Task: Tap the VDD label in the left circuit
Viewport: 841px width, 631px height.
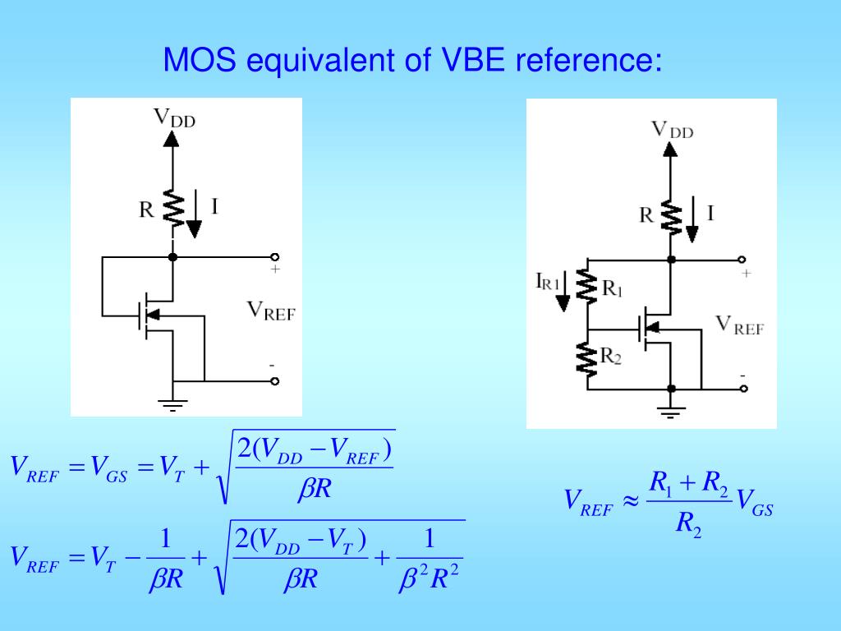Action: click(175, 117)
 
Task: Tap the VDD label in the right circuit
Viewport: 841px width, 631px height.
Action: click(672, 128)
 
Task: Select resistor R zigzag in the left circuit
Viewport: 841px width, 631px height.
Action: click(172, 209)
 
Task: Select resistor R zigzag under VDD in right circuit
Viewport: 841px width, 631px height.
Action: click(671, 217)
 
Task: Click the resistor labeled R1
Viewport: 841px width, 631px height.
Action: click(587, 286)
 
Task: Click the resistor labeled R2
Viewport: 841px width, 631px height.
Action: click(587, 359)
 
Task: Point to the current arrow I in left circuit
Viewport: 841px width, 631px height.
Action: click(194, 218)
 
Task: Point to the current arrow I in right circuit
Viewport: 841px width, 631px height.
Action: click(692, 223)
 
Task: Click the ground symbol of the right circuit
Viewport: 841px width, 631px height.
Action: click(671, 412)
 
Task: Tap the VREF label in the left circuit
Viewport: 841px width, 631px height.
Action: click(271, 310)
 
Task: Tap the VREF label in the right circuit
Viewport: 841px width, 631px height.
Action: click(739, 325)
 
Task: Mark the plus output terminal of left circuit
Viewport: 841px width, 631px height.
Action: click(275, 257)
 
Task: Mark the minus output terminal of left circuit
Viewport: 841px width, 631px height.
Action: click(275, 381)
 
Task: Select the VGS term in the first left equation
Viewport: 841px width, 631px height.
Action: click(109, 469)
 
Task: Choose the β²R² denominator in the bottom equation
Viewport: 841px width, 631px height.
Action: click(427, 580)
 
